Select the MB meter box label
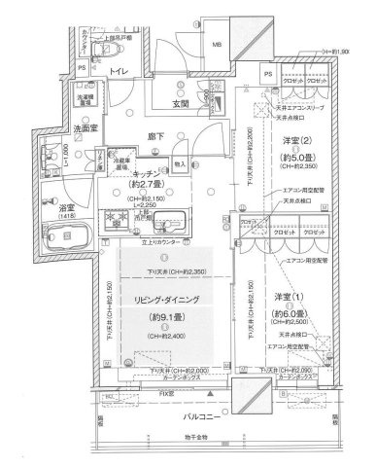pos(217,44)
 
